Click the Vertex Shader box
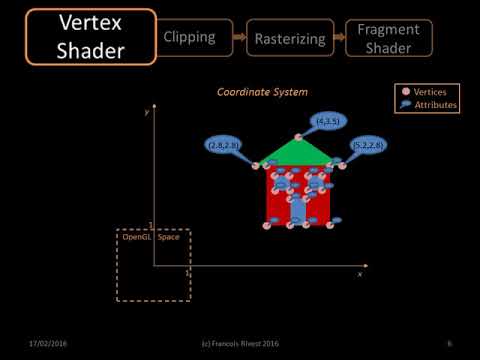click(x=78, y=36)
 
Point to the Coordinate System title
click(x=262, y=92)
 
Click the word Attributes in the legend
click(x=436, y=103)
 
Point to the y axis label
click(x=146, y=112)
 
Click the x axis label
click(x=359, y=273)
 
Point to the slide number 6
click(x=450, y=343)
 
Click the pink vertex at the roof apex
click(x=297, y=136)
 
